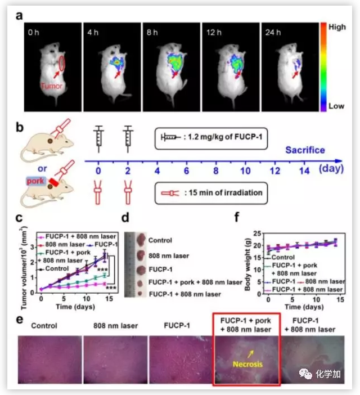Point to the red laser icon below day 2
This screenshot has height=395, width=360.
129,191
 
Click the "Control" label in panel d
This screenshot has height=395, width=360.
160,240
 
